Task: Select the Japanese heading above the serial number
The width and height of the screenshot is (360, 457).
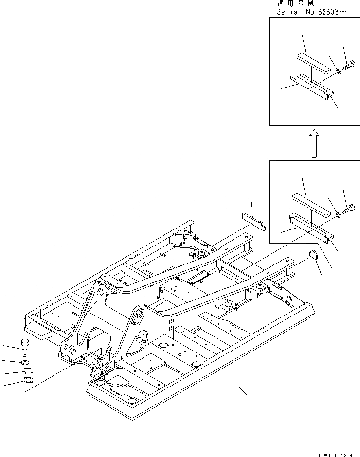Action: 295,3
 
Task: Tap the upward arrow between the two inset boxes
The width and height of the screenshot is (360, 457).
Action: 314,143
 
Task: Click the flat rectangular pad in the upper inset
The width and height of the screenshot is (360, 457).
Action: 314,62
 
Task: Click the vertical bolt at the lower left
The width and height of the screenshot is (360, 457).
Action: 25,348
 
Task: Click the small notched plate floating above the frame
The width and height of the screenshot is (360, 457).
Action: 253,220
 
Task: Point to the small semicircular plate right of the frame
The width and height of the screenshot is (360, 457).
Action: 313,255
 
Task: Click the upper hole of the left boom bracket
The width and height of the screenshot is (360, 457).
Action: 99,291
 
